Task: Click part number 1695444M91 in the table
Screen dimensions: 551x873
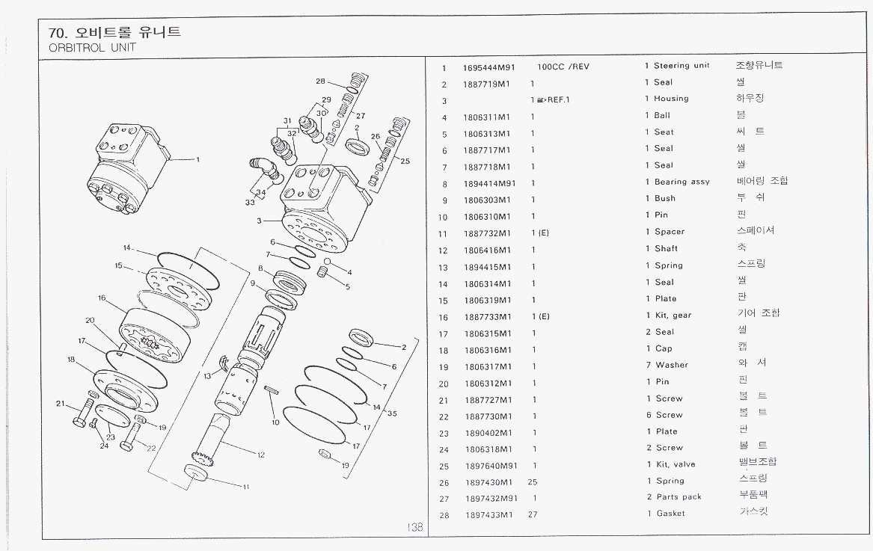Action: [x=489, y=67]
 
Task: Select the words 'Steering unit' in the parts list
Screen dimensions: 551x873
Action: [x=681, y=66]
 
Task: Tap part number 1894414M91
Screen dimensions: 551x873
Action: [x=489, y=183]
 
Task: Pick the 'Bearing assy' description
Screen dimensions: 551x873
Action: [x=681, y=182]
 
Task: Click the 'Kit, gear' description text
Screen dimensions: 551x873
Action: [x=673, y=315]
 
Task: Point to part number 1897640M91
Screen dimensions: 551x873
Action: [x=489, y=465]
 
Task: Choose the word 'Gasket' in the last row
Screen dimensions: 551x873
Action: [x=672, y=514]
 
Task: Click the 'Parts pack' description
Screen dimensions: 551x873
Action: [x=679, y=497]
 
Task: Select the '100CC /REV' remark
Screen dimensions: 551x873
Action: [x=563, y=67]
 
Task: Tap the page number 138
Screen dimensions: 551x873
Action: [x=415, y=527]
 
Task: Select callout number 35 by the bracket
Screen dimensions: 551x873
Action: [x=392, y=413]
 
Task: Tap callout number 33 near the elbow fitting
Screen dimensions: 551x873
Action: [x=249, y=203]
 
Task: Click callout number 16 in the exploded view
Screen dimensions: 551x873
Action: [x=102, y=298]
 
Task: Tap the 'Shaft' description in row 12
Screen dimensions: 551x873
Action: [x=666, y=249]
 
